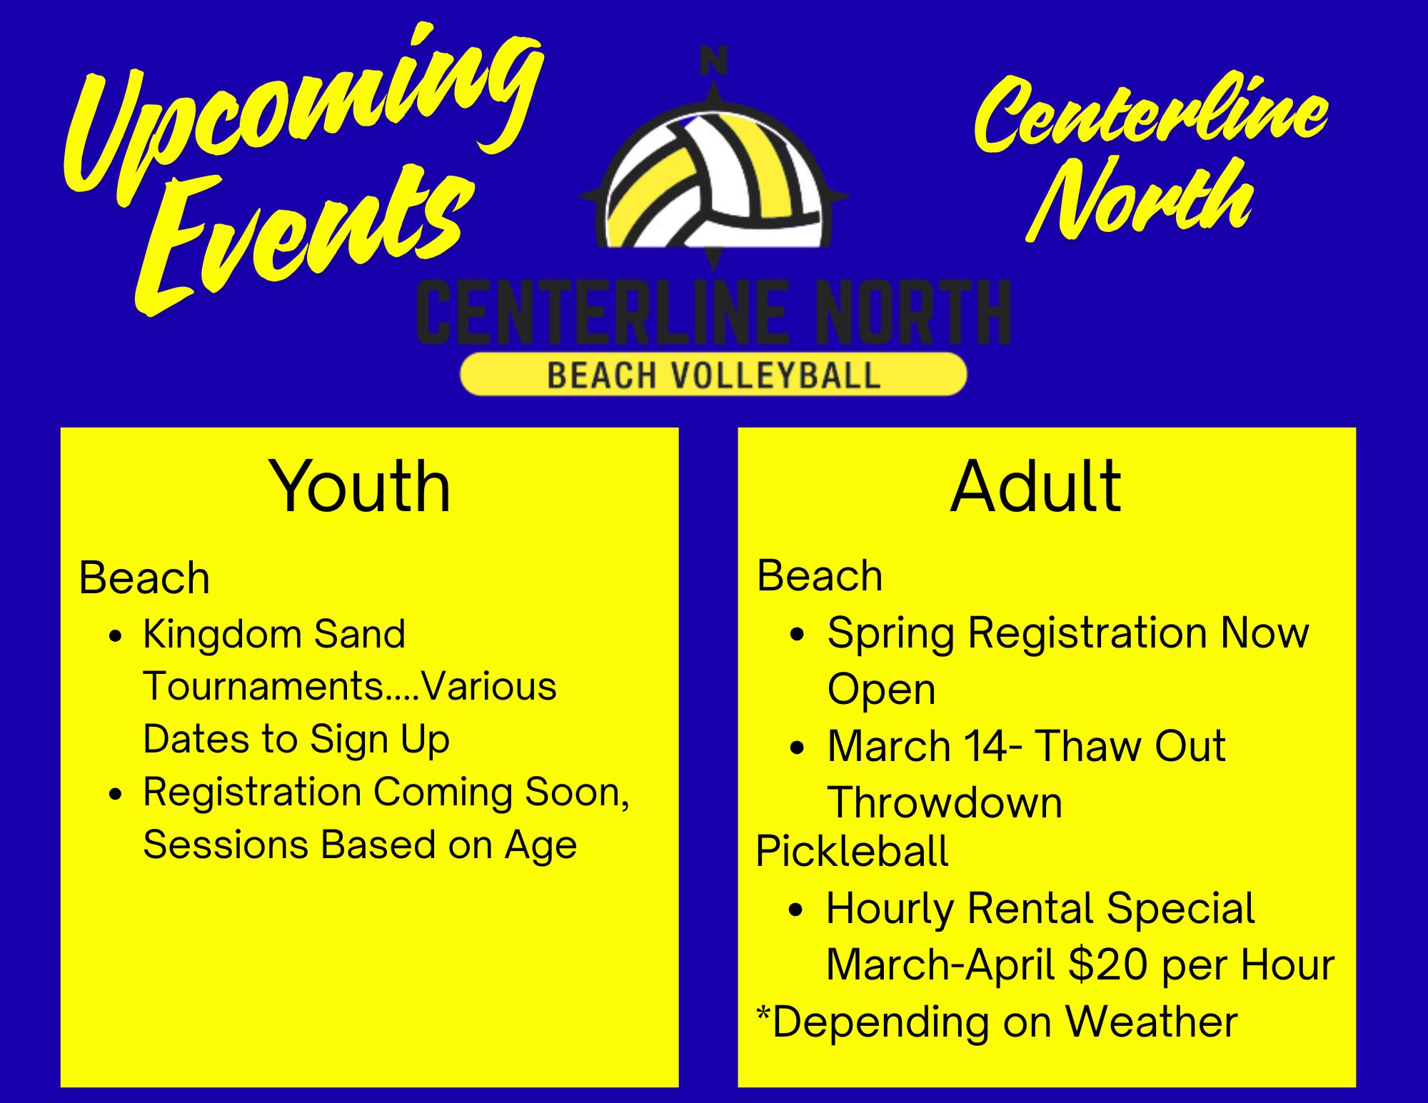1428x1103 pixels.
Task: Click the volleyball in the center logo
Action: click(714, 182)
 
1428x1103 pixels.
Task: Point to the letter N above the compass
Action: click(713, 60)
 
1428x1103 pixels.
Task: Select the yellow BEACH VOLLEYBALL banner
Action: click(713, 374)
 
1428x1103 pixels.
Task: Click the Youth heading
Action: click(360, 487)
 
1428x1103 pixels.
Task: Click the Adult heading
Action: click(1035, 487)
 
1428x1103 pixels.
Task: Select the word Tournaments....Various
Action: click(350, 686)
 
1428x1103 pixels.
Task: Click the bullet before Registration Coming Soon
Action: click(116, 794)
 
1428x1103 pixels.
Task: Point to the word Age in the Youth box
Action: click(540, 847)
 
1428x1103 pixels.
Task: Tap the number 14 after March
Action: click(985, 746)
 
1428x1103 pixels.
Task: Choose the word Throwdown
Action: click(945, 802)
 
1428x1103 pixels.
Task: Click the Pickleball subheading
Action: click(852, 851)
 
